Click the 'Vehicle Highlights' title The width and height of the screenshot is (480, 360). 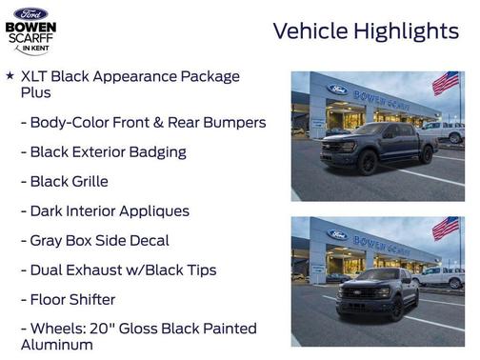click(366, 30)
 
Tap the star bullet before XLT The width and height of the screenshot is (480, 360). click(10, 75)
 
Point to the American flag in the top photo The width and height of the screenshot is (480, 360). click(445, 83)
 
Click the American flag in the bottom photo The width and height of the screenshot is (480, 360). click(445, 228)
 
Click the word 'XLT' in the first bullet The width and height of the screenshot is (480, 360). click(35, 76)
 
